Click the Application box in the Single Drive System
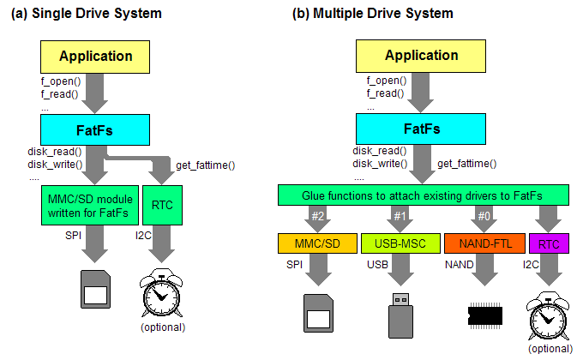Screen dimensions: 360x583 pyautogui.click(x=95, y=57)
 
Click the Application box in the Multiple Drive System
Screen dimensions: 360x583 pyautogui.click(x=421, y=57)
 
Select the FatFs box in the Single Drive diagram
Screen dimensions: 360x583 pyautogui.click(x=95, y=129)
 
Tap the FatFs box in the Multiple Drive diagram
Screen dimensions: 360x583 pyautogui.click(x=421, y=129)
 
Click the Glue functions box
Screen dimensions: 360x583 pyautogui.click(x=423, y=196)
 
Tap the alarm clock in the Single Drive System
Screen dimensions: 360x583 pyautogui.click(x=161, y=294)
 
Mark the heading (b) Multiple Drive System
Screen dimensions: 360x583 pyautogui.click(x=373, y=14)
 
